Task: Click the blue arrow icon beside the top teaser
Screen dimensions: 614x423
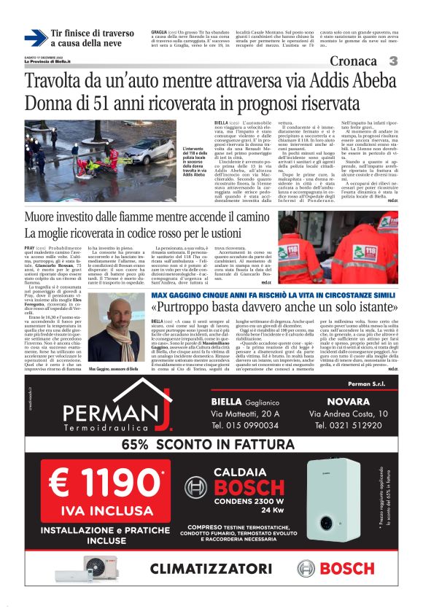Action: tap(35, 38)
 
